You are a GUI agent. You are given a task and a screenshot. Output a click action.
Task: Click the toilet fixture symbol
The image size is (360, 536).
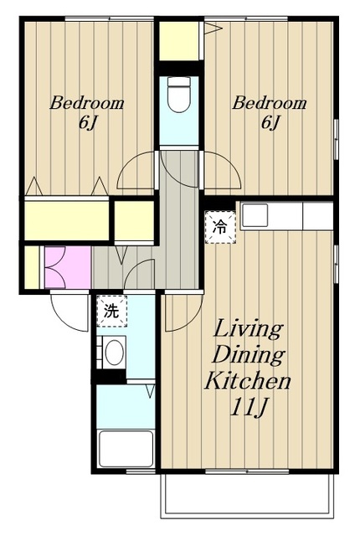(x=179, y=94)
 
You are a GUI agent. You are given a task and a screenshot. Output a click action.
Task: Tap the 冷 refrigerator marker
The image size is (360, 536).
(x=220, y=227)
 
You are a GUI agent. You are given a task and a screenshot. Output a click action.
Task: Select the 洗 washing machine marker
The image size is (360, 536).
(x=111, y=311)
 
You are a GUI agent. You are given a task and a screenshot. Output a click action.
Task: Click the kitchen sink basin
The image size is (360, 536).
(x=255, y=215)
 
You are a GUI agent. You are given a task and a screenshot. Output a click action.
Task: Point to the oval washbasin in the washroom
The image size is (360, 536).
(x=114, y=352)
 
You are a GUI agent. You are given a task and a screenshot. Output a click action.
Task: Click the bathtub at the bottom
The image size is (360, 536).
(x=126, y=449)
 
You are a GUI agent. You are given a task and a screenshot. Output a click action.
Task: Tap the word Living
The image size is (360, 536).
(x=249, y=329)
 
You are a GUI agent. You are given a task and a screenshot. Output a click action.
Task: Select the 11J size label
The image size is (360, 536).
(x=248, y=407)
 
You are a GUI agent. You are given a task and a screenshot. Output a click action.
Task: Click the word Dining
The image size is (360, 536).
(x=249, y=355)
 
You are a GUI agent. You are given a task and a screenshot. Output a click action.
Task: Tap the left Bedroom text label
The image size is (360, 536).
(x=87, y=103)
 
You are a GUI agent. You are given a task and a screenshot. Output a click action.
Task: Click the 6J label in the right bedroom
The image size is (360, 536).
(x=270, y=123)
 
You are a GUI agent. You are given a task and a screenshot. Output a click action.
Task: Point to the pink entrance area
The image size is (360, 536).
(x=68, y=267)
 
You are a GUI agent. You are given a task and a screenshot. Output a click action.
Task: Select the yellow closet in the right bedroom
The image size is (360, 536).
(x=179, y=41)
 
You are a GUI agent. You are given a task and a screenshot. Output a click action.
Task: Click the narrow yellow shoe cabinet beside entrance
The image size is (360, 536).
(x=32, y=267)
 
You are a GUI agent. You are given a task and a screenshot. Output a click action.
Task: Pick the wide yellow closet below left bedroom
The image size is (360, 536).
(x=67, y=220)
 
